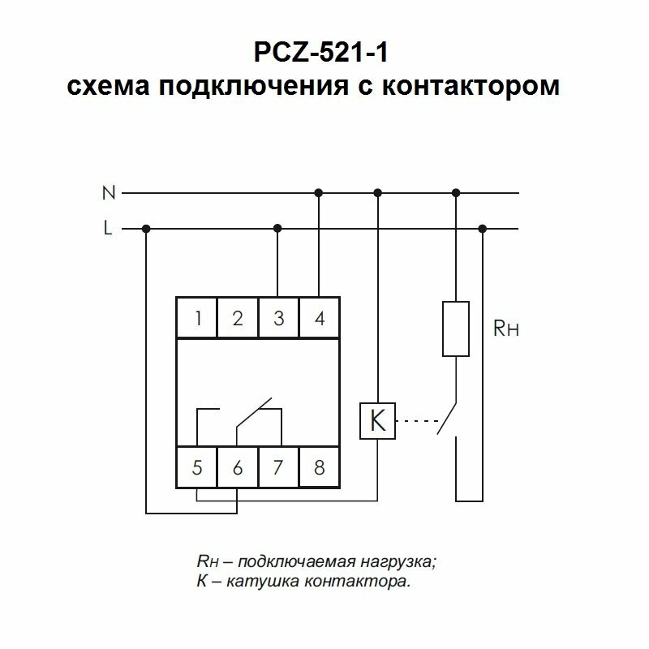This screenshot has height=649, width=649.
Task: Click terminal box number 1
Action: click(x=197, y=318)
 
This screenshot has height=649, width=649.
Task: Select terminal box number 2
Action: click(x=238, y=318)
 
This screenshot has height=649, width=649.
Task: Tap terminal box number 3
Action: click(x=279, y=318)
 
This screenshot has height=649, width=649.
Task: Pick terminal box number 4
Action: click(x=320, y=318)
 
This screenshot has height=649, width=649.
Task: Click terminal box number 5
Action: click(x=197, y=467)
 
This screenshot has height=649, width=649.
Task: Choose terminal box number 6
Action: click(x=238, y=467)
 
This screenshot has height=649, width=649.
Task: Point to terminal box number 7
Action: click(x=279, y=467)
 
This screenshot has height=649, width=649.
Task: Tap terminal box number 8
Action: click(x=320, y=467)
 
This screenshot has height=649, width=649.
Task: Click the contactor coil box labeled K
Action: click(x=376, y=420)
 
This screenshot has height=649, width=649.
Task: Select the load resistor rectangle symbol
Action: click(x=455, y=329)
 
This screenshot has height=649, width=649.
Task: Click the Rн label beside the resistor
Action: click(x=505, y=329)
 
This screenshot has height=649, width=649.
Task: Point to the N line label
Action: click(x=108, y=193)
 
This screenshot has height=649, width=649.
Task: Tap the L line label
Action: click(x=108, y=229)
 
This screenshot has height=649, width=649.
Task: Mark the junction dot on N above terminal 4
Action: click(x=318, y=193)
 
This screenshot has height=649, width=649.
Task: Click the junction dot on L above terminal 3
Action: click(x=278, y=229)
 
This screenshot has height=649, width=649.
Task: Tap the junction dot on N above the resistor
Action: click(x=456, y=193)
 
